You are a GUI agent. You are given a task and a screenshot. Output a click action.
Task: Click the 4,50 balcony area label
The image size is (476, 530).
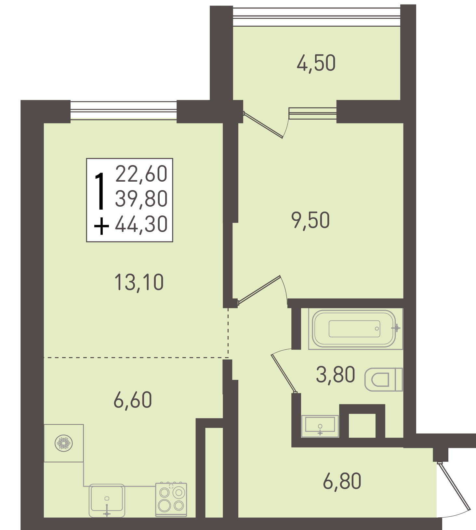click(x=316, y=63)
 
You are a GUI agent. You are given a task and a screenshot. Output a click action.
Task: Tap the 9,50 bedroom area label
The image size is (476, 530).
click(x=311, y=220)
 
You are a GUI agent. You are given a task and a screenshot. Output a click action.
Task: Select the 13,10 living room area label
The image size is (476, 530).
click(x=139, y=282)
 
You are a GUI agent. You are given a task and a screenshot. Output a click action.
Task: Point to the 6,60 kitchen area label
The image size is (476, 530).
click(x=133, y=400)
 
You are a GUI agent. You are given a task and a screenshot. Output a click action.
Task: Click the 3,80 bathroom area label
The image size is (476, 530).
click(x=335, y=374)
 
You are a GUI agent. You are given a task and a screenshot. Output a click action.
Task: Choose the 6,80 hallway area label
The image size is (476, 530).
click(x=342, y=481)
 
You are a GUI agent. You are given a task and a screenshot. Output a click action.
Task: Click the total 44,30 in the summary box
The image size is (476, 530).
click(x=141, y=224)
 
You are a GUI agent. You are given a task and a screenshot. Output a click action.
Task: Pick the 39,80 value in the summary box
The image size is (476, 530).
click(x=141, y=199)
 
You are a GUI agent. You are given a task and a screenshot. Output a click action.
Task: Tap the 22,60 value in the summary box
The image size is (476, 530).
click(x=141, y=174)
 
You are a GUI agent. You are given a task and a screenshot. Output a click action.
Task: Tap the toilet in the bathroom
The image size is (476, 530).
click(x=384, y=380)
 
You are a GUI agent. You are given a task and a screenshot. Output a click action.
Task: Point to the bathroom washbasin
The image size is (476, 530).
click(x=320, y=426)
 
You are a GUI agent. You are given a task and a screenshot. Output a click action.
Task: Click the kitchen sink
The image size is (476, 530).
click(x=107, y=500)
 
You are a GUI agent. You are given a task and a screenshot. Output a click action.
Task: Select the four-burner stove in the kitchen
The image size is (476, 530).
click(x=171, y=499)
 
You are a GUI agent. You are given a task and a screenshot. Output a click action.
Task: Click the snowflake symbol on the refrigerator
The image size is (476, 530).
click(x=64, y=443)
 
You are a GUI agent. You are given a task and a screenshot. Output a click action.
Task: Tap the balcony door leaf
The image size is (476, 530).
click(x=263, y=125)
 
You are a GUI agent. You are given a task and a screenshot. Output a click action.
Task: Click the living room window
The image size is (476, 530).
click(x=124, y=111)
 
